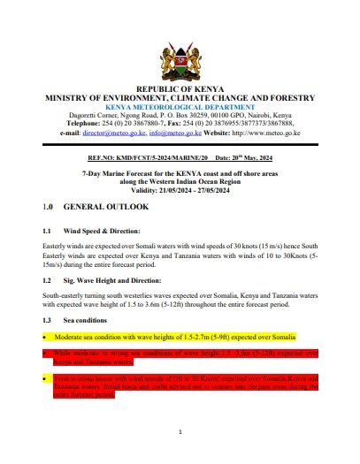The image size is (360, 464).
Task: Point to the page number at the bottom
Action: point(180,433)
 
